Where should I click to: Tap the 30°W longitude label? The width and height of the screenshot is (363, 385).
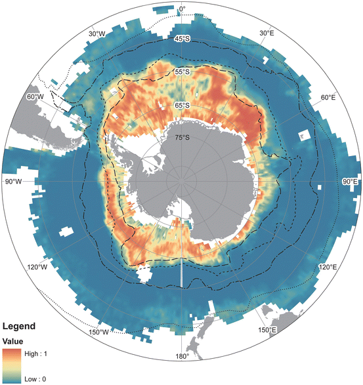coord(96,33)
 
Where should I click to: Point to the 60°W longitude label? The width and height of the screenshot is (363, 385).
coord(34,96)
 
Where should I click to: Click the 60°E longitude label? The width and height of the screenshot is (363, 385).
coord(328,97)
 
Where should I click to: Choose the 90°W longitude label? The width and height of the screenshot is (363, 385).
coord(13,182)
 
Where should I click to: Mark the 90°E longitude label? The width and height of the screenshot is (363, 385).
coord(349,182)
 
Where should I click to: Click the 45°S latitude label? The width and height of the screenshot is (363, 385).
coord(182,39)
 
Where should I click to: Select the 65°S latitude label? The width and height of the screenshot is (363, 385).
coord(182,105)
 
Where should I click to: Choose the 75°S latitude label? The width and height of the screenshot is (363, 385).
coord(182,138)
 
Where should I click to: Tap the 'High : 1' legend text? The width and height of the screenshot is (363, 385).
coord(37,352)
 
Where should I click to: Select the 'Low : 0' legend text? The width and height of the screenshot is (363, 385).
coord(35,380)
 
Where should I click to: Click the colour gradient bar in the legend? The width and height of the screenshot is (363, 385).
coord(12,365)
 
